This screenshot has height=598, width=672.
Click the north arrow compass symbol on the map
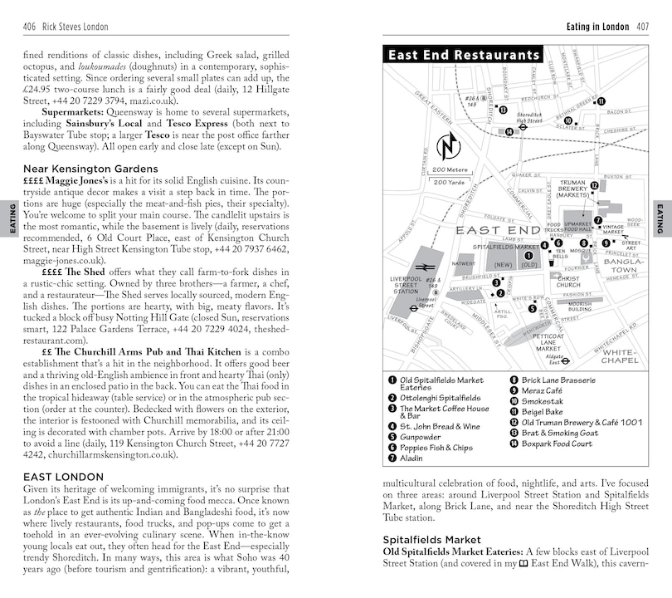click(448, 149)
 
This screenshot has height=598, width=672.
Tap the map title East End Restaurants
click(464, 55)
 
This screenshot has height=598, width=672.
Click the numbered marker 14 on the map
click(509, 130)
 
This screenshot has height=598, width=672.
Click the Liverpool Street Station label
click(406, 285)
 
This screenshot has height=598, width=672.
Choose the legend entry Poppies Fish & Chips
click(436, 448)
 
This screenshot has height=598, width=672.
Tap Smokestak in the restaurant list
click(543, 402)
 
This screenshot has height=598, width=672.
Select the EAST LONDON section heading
click(63, 477)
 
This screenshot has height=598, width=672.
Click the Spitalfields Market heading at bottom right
click(431, 540)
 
